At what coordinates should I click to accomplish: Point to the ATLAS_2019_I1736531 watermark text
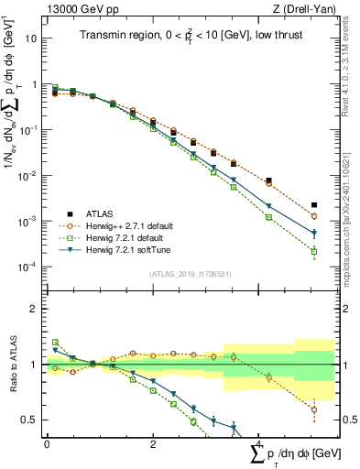click(x=190, y=274)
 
